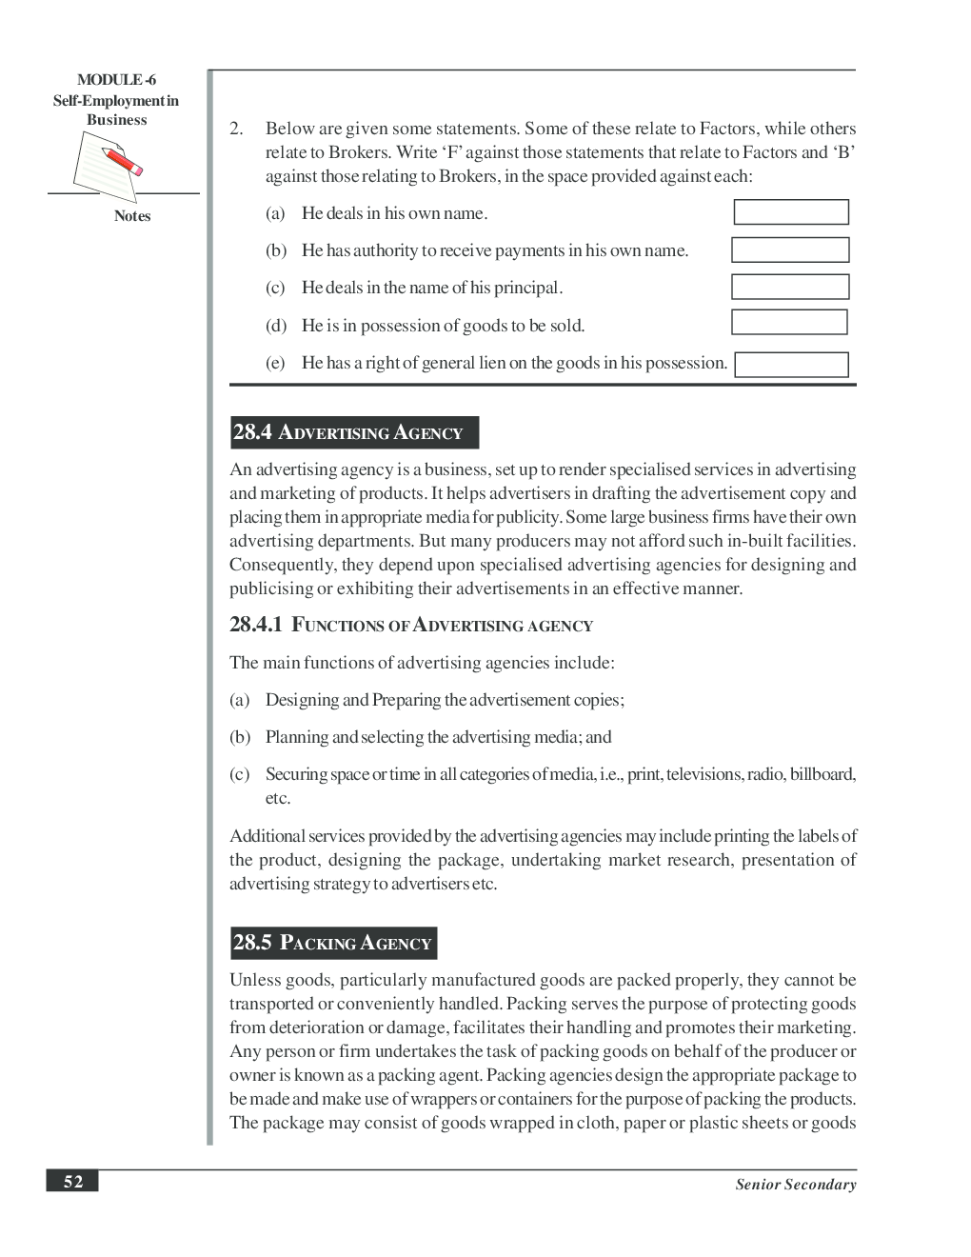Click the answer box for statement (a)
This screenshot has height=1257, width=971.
(790, 212)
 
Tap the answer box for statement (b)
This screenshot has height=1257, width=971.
(789, 249)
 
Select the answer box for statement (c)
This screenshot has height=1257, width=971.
(789, 287)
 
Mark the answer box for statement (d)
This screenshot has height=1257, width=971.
(788, 323)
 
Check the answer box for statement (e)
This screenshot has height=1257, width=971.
(790, 365)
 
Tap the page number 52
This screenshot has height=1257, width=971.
(73, 1182)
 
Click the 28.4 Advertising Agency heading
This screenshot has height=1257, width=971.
(354, 432)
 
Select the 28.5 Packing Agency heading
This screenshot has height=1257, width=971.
(333, 943)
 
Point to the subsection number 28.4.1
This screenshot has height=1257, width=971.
(256, 625)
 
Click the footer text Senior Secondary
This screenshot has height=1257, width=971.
(795, 1185)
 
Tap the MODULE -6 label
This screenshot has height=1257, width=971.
(116, 80)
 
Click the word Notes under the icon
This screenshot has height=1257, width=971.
(132, 216)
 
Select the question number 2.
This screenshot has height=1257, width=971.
(236, 129)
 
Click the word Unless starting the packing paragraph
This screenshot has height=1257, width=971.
(254, 980)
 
